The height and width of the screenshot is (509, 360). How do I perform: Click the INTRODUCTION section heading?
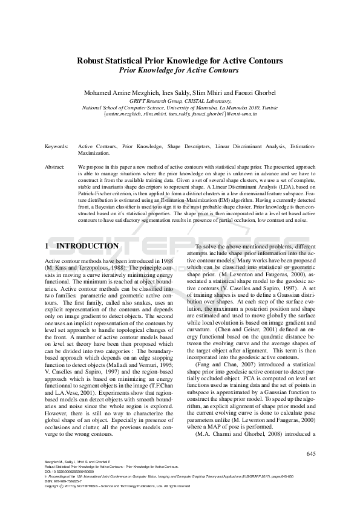point(87,247)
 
